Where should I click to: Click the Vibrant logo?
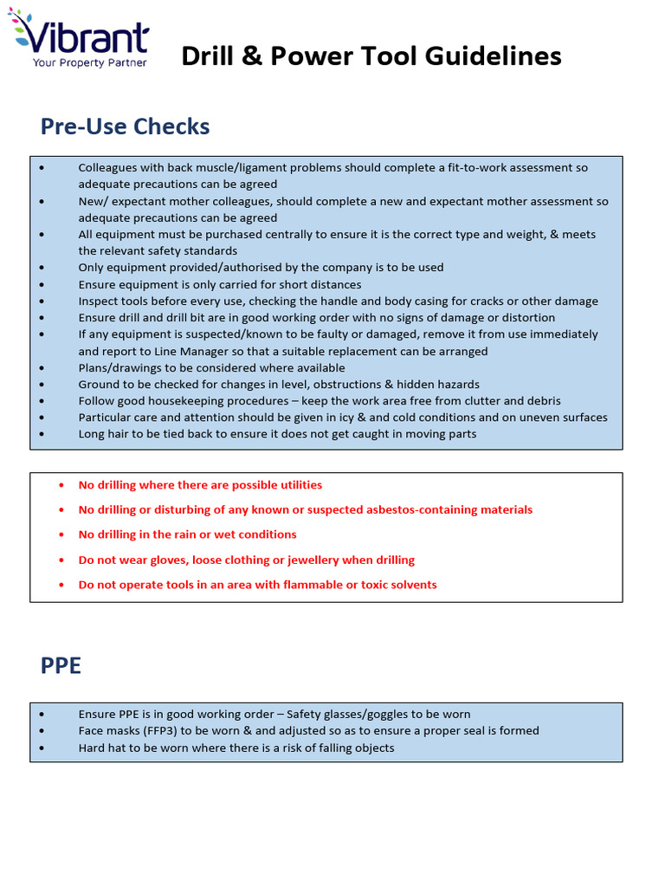(x=79, y=36)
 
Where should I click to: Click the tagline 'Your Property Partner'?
(x=90, y=62)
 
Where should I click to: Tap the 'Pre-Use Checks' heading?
(x=125, y=126)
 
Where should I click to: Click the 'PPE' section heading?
(x=61, y=666)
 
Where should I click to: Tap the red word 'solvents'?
(x=412, y=585)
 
